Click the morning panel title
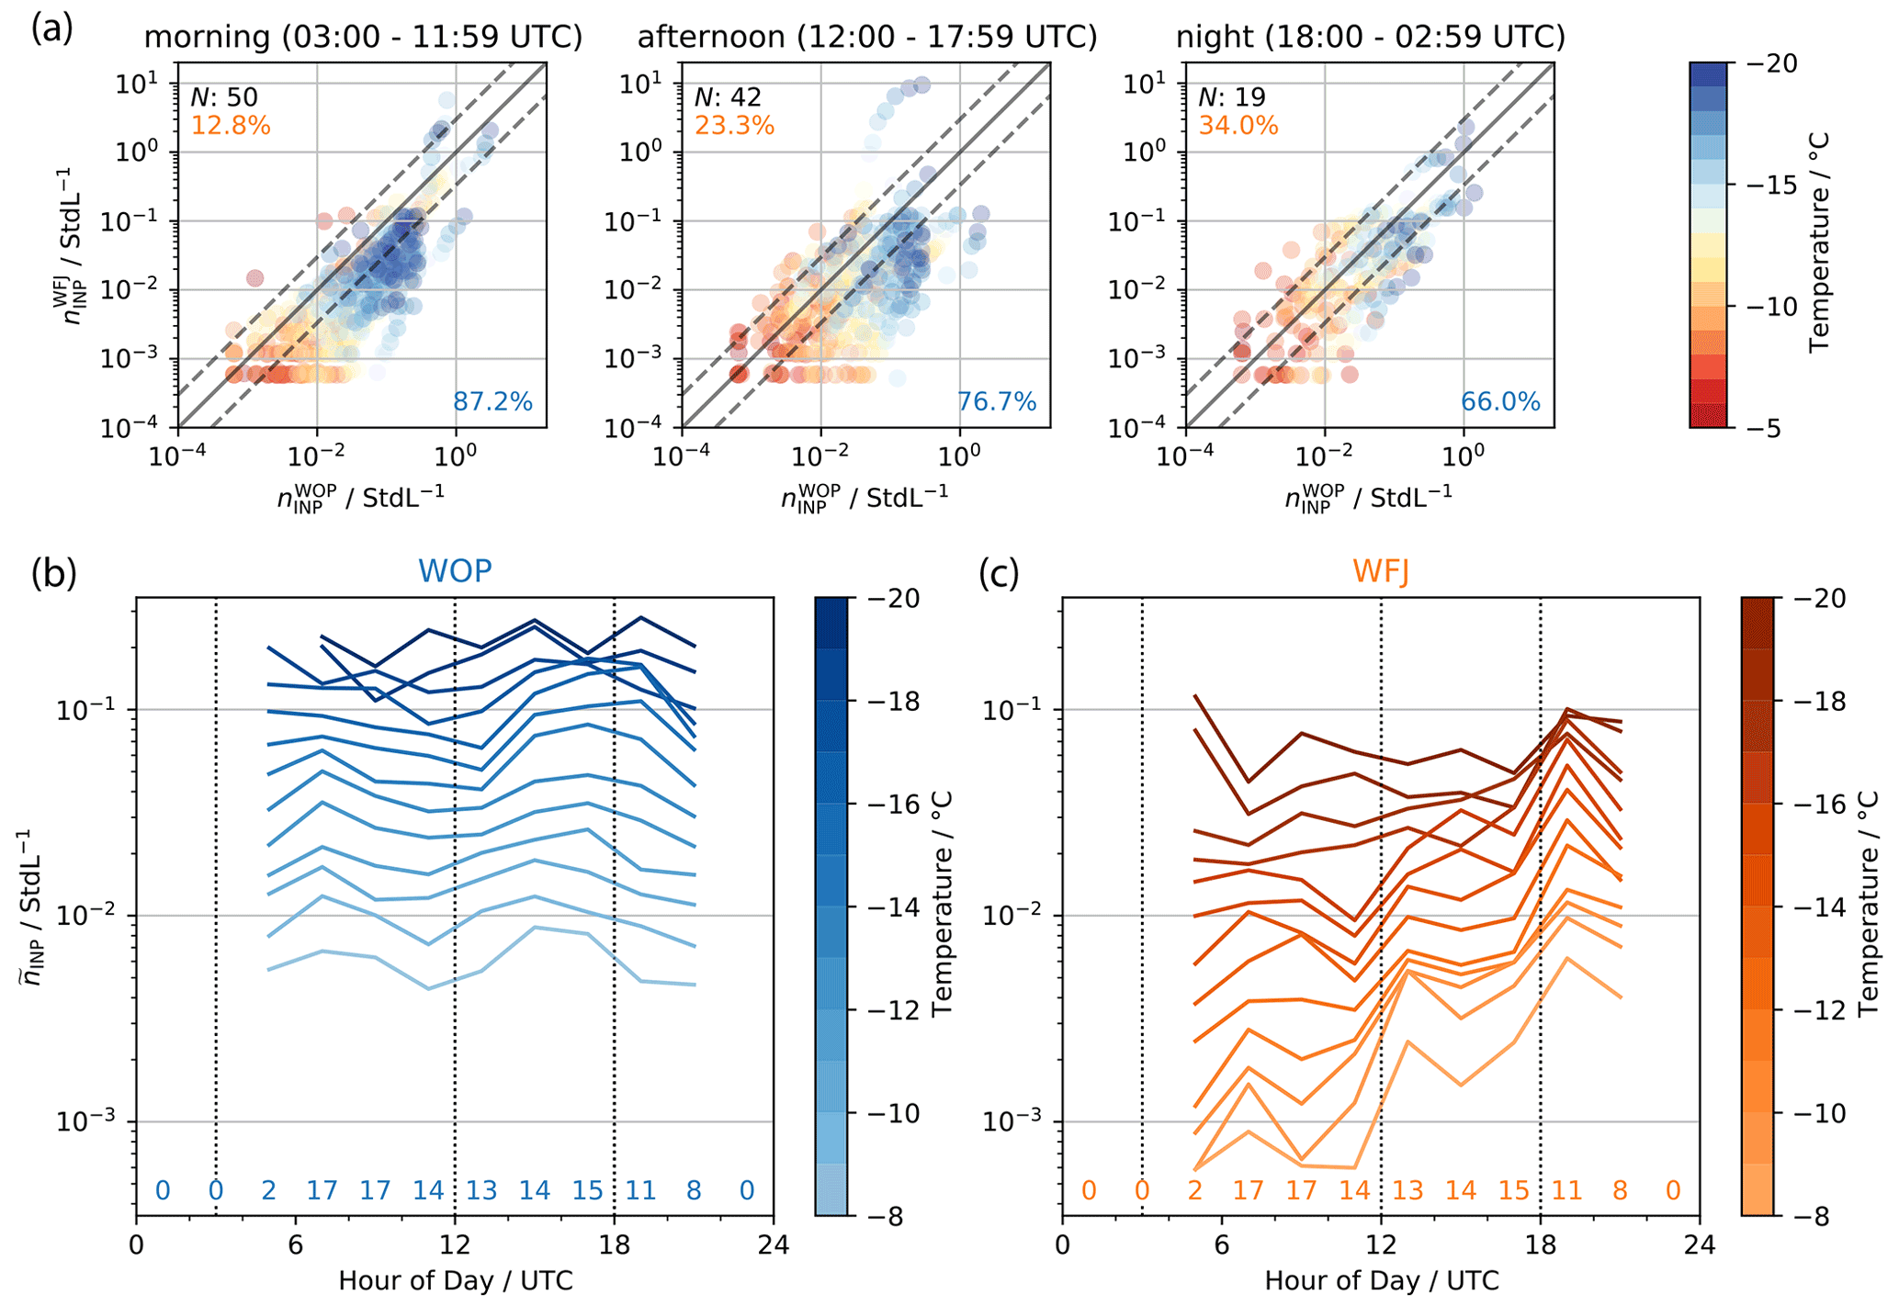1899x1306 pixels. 363,37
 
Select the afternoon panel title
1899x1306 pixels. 867,37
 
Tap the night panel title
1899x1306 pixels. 1371,37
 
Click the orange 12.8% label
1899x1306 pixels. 231,125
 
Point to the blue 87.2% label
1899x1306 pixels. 492,401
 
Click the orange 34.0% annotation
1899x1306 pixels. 1238,125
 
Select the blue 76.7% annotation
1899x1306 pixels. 997,401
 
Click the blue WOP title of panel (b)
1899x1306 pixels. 455,571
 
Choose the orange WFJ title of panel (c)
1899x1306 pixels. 1381,571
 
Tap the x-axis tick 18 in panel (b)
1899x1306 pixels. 614,1246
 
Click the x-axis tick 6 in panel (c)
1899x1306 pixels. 1221,1246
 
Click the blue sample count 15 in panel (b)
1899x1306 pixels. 588,1191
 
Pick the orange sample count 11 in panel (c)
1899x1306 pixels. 1567,1191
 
